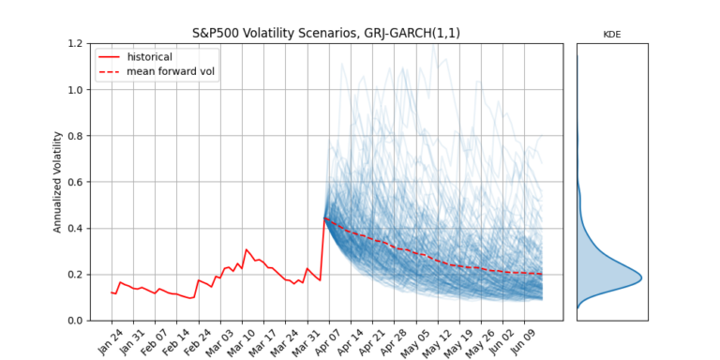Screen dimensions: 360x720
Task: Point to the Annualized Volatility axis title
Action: (57, 182)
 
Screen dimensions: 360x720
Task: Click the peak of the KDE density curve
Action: (641, 277)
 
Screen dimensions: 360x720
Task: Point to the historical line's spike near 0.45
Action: (324, 217)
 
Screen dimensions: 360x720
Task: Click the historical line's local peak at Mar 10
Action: (247, 250)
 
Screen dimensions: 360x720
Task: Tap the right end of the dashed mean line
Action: (542, 274)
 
